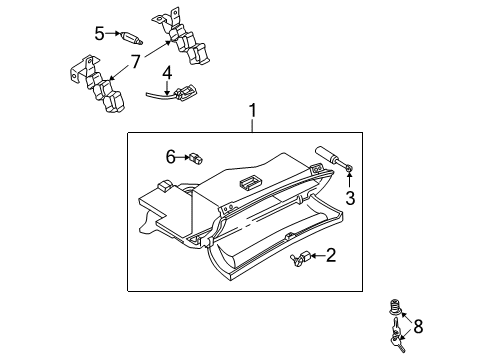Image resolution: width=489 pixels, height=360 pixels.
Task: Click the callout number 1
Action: click(x=253, y=110)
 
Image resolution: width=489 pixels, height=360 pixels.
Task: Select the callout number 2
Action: click(x=331, y=255)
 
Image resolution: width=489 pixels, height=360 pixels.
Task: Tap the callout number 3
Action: click(x=350, y=198)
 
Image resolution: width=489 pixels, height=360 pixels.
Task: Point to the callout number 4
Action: click(x=167, y=73)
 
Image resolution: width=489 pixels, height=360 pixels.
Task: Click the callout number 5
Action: click(x=99, y=33)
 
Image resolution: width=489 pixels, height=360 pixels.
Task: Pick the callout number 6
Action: click(x=171, y=157)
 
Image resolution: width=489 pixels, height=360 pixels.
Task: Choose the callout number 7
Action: click(x=135, y=62)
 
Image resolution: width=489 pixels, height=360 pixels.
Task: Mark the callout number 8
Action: click(x=418, y=326)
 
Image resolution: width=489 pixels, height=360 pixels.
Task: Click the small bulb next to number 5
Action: click(x=132, y=37)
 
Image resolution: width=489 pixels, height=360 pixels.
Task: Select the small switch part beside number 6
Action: click(x=196, y=158)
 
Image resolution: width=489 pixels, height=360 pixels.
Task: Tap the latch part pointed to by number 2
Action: click(x=300, y=258)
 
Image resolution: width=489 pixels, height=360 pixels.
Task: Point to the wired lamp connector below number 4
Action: click(x=173, y=93)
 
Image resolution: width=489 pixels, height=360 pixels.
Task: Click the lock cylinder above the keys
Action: click(x=395, y=307)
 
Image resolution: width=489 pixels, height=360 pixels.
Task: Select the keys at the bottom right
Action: click(x=398, y=335)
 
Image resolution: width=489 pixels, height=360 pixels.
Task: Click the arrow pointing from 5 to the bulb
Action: click(x=113, y=33)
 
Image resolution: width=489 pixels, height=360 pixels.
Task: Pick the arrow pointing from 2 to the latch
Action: click(x=318, y=256)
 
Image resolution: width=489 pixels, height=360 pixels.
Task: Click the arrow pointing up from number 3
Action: click(x=349, y=180)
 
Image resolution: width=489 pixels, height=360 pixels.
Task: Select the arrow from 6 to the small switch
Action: click(x=183, y=157)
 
